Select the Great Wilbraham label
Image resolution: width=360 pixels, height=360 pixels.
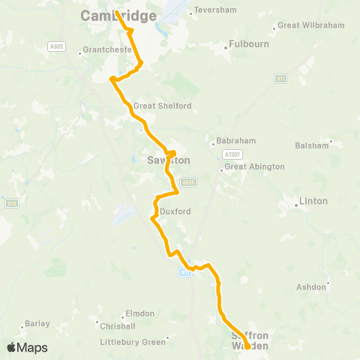pos(310,25)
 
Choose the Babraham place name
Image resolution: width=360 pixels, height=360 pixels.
pos(235,141)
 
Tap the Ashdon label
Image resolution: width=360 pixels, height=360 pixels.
pos(311,287)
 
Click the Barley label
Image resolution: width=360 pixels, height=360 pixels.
pos(37,324)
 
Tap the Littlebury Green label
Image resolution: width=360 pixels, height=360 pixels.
pos(133,342)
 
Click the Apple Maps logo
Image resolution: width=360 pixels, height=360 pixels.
pos(27,347)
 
